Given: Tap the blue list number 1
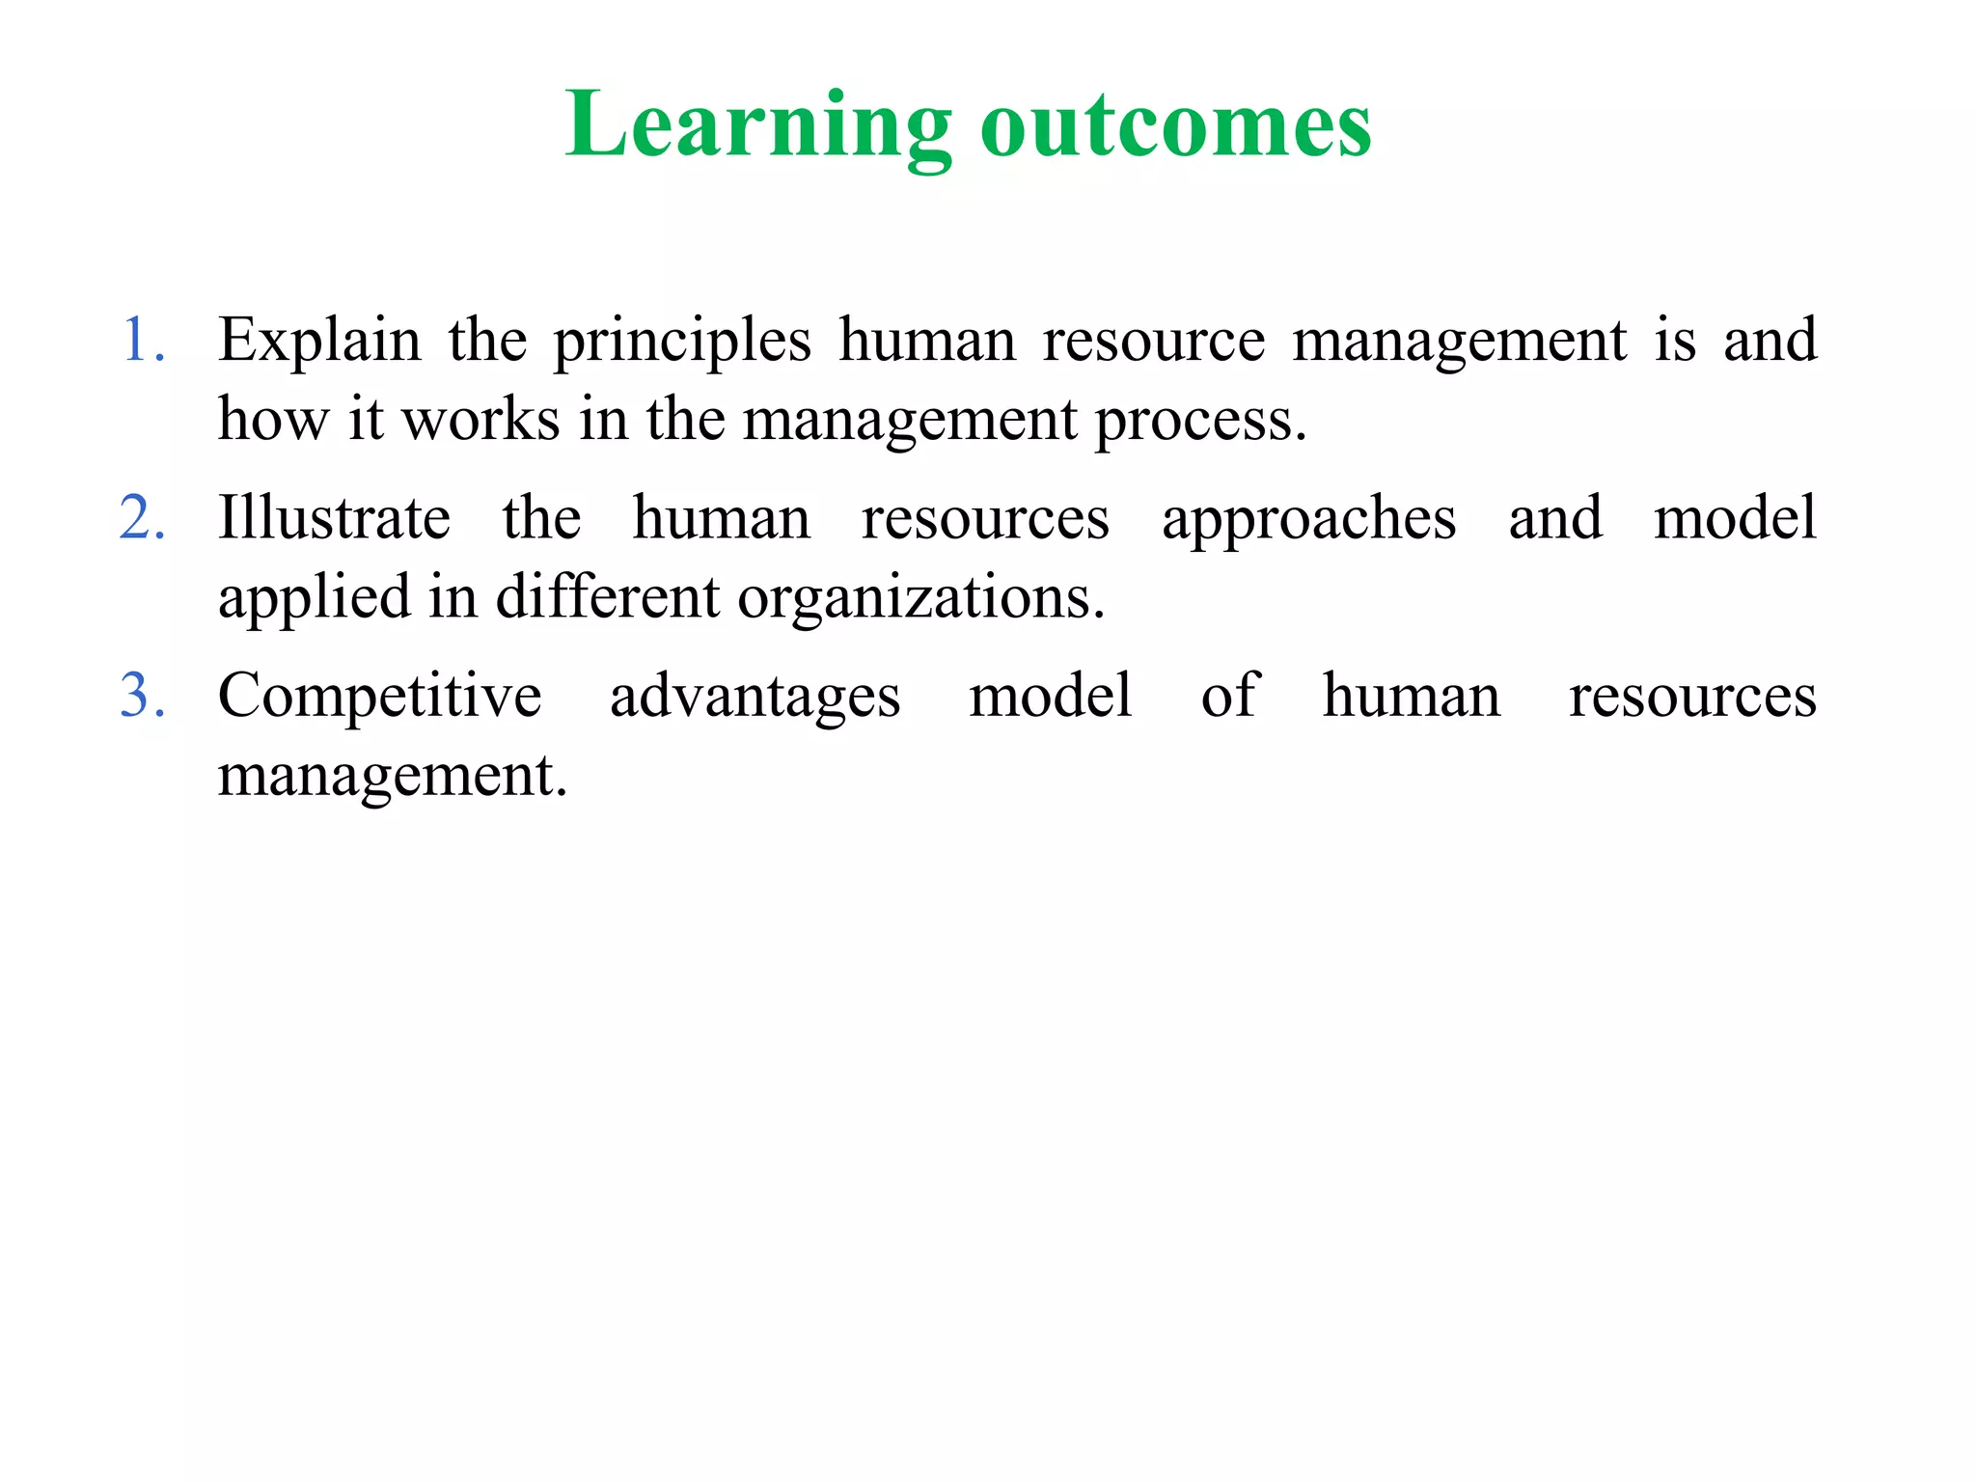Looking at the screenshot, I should (142, 341).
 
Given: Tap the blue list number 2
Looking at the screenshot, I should (142, 518).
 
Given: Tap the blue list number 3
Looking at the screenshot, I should (142, 696).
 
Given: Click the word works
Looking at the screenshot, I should (480, 420).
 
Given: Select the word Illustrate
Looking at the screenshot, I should (334, 518).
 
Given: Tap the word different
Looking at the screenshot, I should (607, 597).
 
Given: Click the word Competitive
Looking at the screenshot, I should (379, 697).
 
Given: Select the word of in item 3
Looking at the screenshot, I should (1228, 695).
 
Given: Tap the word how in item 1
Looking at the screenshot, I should (273, 420).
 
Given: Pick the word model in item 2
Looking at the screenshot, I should (1735, 518).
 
